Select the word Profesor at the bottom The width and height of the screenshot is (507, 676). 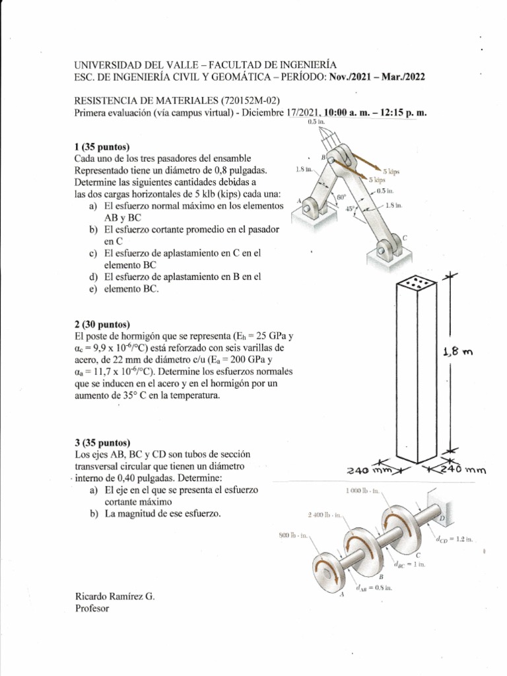click(92, 608)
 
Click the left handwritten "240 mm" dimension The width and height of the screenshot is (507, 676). click(370, 471)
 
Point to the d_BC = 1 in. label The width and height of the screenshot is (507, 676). click(411, 565)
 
